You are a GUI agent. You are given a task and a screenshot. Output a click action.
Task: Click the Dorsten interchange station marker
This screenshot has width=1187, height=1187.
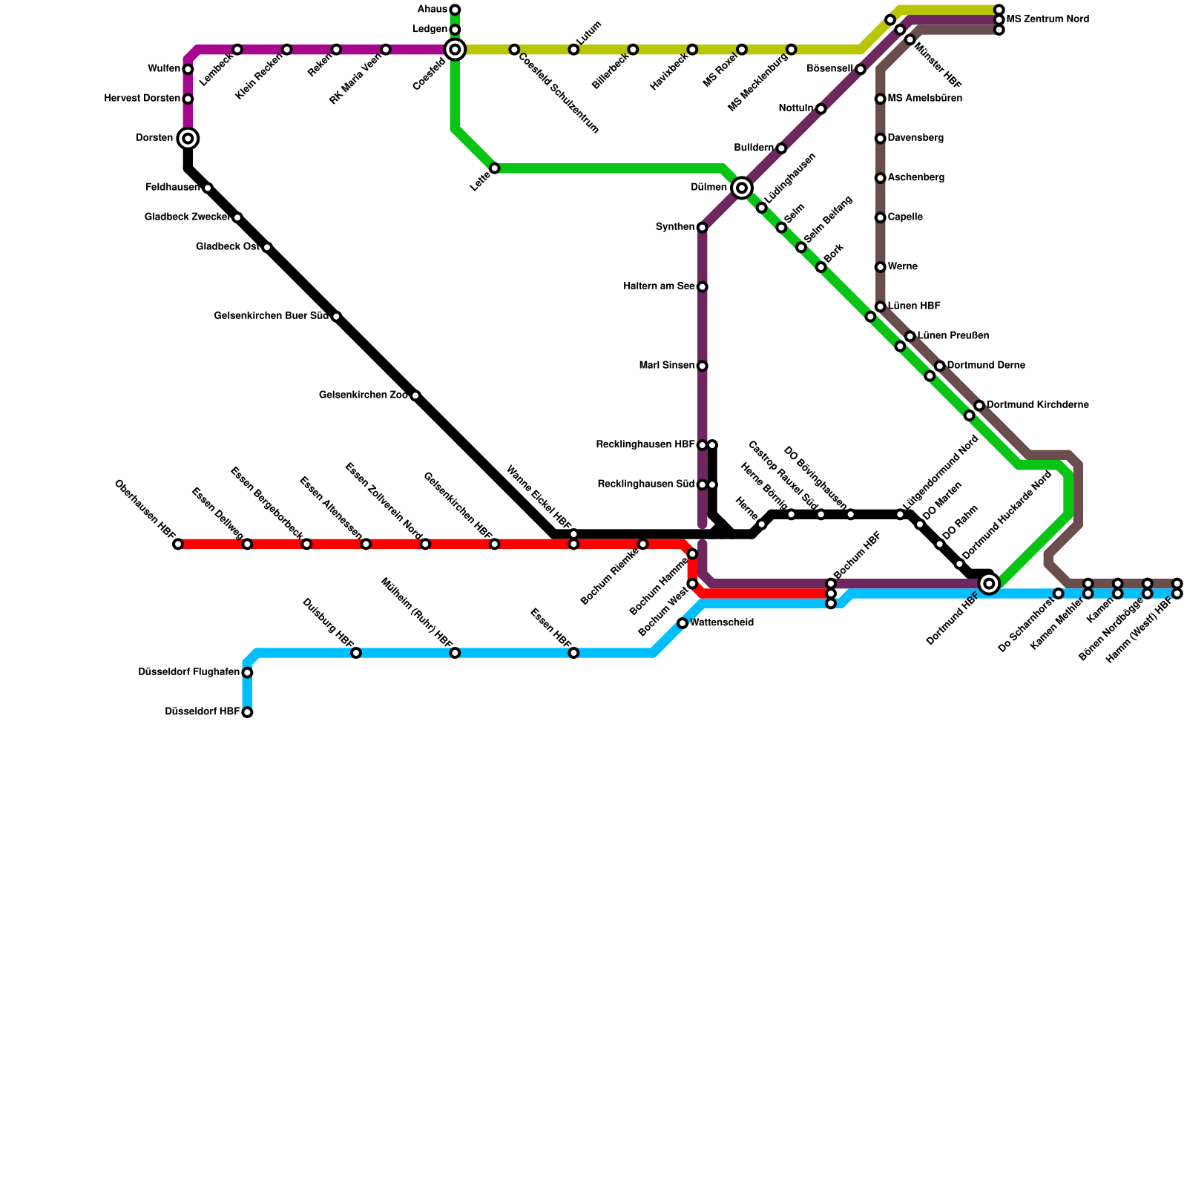[x=188, y=139]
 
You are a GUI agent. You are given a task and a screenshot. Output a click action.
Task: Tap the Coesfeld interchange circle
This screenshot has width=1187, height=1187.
[x=455, y=50]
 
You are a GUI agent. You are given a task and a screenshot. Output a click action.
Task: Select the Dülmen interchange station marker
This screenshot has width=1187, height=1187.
[x=742, y=188]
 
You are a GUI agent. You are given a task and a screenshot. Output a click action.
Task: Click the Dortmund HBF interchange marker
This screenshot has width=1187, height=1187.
[x=989, y=584]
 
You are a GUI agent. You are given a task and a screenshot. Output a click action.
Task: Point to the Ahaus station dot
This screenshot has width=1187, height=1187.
[x=455, y=10]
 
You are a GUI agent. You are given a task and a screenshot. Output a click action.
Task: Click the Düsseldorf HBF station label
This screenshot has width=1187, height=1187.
[x=202, y=712]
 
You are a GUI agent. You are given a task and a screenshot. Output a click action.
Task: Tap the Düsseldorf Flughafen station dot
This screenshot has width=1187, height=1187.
[x=247, y=673]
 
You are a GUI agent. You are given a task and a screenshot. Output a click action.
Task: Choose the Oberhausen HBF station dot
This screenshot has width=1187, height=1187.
[x=178, y=545]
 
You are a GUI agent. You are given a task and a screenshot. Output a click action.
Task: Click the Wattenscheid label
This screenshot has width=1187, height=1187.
[x=721, y=623]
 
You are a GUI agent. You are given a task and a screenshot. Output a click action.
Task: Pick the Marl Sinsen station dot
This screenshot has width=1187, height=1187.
[x=703, y=366]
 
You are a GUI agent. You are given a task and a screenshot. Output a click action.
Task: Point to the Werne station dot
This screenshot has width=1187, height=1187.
[x=881, y=267]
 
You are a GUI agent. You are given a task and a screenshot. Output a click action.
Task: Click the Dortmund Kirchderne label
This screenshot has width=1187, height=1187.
[x=1037, y=405]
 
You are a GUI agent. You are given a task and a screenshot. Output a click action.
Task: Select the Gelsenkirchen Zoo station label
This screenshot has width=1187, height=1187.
[x=363, y=395]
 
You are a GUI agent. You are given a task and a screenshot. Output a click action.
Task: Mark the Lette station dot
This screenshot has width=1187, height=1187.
[x=495, y=168]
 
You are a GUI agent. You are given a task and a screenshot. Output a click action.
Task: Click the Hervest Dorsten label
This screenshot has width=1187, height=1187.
[x=142, y=99]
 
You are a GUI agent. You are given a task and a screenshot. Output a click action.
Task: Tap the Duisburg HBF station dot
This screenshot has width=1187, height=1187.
[x=356, y=653]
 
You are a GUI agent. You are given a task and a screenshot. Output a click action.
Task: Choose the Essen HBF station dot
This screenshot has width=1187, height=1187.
[x=573, y=653]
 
